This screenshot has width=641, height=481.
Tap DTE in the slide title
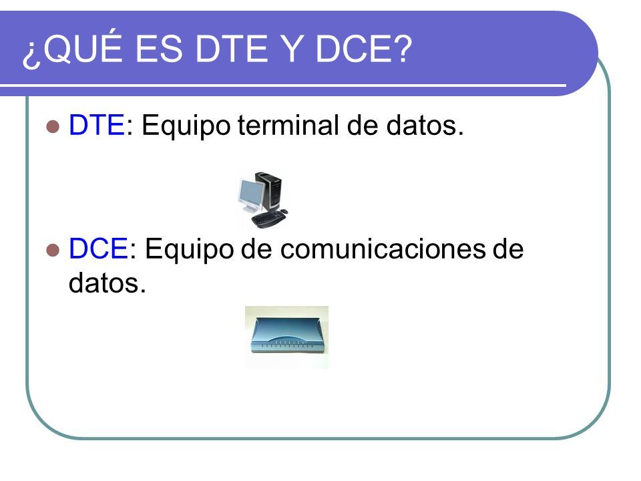tap(232, 49)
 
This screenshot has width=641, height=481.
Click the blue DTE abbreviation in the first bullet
tap(96, 125)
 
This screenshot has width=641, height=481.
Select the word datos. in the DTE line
tap(425, 125)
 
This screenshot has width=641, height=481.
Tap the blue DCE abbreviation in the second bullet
tap(98, 249)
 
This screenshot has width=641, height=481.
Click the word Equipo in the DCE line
tap(189, 250)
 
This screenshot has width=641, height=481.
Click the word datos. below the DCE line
tap(107, 283)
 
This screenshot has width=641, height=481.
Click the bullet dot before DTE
tap(53, 126)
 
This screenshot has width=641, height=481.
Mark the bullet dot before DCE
tap(53, 250)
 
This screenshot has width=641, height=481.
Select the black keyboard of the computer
tap(268, 220)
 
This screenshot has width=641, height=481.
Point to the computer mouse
tap(284, 211)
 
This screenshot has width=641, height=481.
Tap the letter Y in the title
tap(292, 49)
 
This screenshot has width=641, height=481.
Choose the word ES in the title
tap(158, 49)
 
